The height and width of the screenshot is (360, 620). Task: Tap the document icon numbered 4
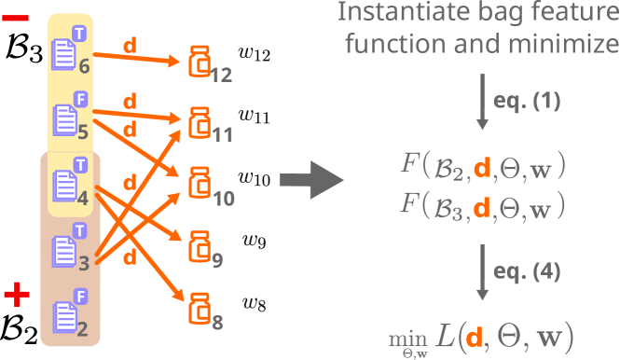pos(64,183)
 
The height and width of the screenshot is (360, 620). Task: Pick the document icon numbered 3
pos(64,249)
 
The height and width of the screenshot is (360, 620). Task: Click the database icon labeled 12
pos(199,61)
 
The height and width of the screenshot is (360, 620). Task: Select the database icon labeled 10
pos(199,184)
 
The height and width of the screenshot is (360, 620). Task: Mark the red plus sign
pos(16,297)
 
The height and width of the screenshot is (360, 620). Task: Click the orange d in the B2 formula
pos(481,168)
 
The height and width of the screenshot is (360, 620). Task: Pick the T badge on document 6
pos(79,31)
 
